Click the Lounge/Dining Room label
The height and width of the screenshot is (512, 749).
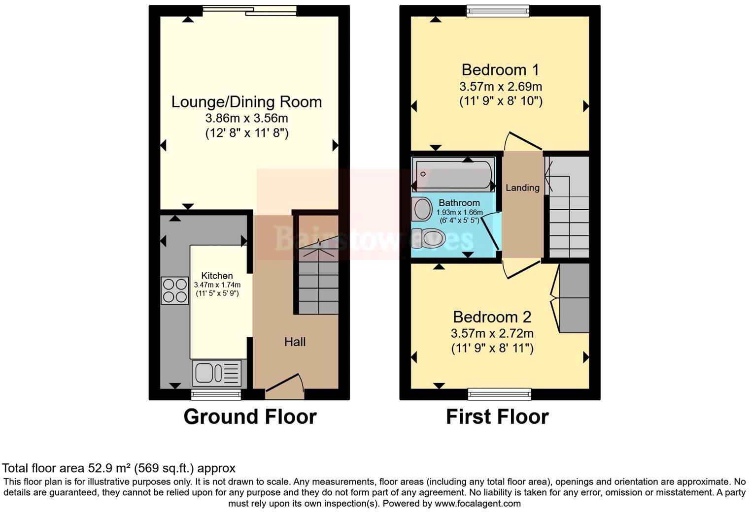[246, 102]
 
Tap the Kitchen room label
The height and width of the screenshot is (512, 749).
[217, 276]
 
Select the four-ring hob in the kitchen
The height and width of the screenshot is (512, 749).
[175, 290]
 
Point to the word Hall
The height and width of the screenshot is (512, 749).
[295, 342]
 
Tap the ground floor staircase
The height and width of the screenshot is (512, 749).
[318, 281]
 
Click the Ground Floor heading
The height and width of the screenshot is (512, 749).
[250, 416]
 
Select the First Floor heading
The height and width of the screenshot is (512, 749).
[497, 416]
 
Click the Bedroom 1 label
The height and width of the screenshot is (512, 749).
[500, 69]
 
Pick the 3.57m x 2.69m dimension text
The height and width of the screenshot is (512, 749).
[500, 87]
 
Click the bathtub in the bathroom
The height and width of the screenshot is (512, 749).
[453, 174]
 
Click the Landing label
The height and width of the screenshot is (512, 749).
[522, 188]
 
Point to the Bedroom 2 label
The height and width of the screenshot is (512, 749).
[492, 317]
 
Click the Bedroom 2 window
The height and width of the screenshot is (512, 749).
[499, 392]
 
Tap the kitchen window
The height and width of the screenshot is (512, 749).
[216, 393]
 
